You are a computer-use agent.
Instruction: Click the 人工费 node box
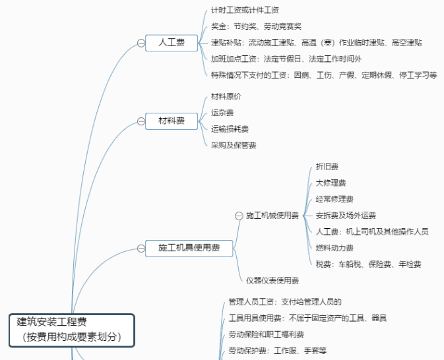pyautogui.click(x=172, y=43)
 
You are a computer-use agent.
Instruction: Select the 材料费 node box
pyautogui.click(x=172, y=121)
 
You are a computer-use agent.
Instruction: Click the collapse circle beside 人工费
pyautogui.click(x=141, y=43)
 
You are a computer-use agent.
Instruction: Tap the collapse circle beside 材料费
pyautogui.click(x=141, y=121)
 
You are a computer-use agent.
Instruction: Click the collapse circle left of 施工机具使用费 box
pyautogui.click(x=141, y=248)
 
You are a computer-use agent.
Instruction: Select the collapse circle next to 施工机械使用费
pyautogui.click(x=239, y=216)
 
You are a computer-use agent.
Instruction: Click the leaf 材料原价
pyautogui.click(x=226, y=96)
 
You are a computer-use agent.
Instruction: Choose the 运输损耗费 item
pyautogui.click(x=230, y=129)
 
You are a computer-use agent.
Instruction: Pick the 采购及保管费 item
pyautogui.click(x=234, y=145)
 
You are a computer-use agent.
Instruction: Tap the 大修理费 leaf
pyautogui.click(x=331, y=183)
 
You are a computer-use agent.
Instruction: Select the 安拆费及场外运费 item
pyautogui.click(x=346, y=216)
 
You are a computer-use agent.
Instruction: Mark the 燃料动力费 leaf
pyautogui.click(x=334, y=248)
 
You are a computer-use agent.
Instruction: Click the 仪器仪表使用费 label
pyautogui.click(x=272, y=280)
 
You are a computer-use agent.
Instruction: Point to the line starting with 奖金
pyautogui.click(x=256, y=27)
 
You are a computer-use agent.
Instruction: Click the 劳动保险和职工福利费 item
pyautogui.click(x=266, y=334)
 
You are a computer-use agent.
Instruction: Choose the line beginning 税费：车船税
pyautogui.click(x=368, y=264)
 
